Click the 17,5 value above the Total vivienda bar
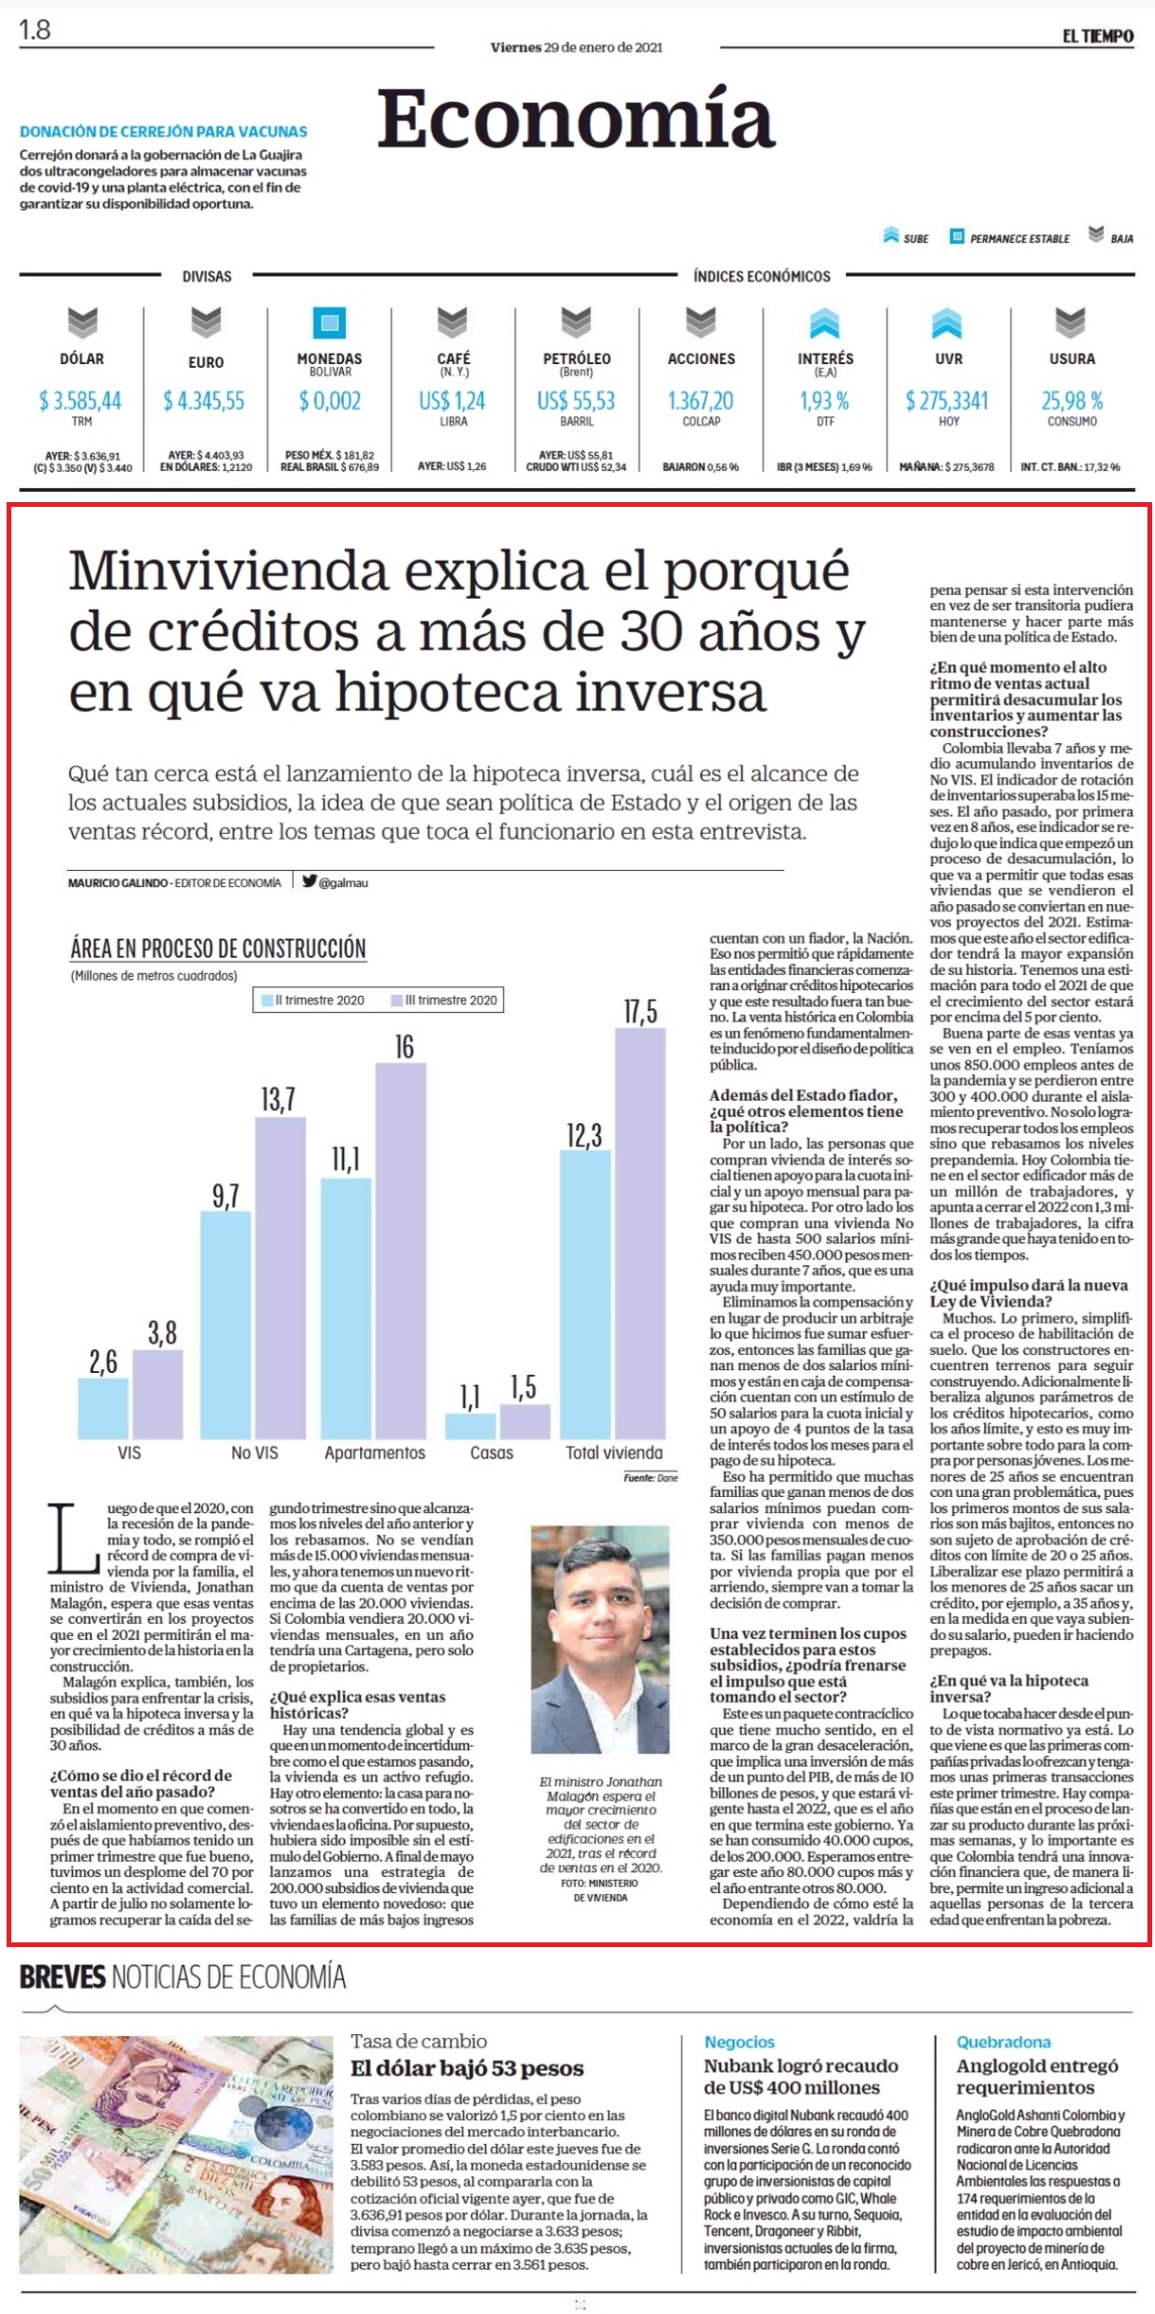coord(640,1012)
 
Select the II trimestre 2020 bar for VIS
coord(103,1408)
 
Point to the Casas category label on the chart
coord(491,1453)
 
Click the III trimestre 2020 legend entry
coord(444,1000)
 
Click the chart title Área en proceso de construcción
coord(218,948)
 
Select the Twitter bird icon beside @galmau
coord(309,880)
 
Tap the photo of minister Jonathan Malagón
coord(600,1645)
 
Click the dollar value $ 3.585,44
coord(80,401)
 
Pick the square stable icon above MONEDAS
coord(329,322)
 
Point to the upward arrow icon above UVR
coord(947,322)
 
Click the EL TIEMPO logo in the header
coord(1097,36)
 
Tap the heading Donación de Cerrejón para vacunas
coord(164,131)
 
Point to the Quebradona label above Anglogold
coord(1003,2042)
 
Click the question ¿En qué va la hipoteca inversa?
coord(1008,1688)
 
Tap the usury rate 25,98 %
coord(1072,401)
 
